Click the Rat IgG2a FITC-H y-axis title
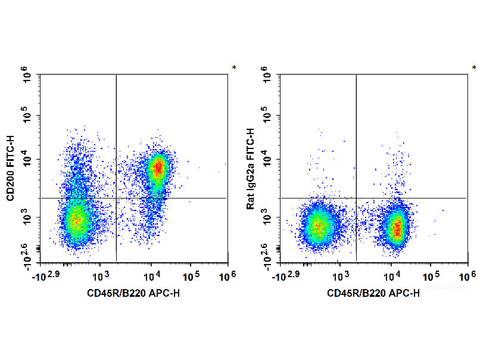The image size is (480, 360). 251,169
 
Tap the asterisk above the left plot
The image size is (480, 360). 234,68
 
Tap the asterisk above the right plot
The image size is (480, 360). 474,68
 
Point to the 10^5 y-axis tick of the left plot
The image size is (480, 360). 28,116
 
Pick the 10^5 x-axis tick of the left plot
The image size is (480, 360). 190,275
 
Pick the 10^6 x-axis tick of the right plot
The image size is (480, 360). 467,275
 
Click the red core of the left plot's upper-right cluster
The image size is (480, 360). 157,168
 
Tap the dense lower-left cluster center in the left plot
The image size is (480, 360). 76,220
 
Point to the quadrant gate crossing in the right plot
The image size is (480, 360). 356,198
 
